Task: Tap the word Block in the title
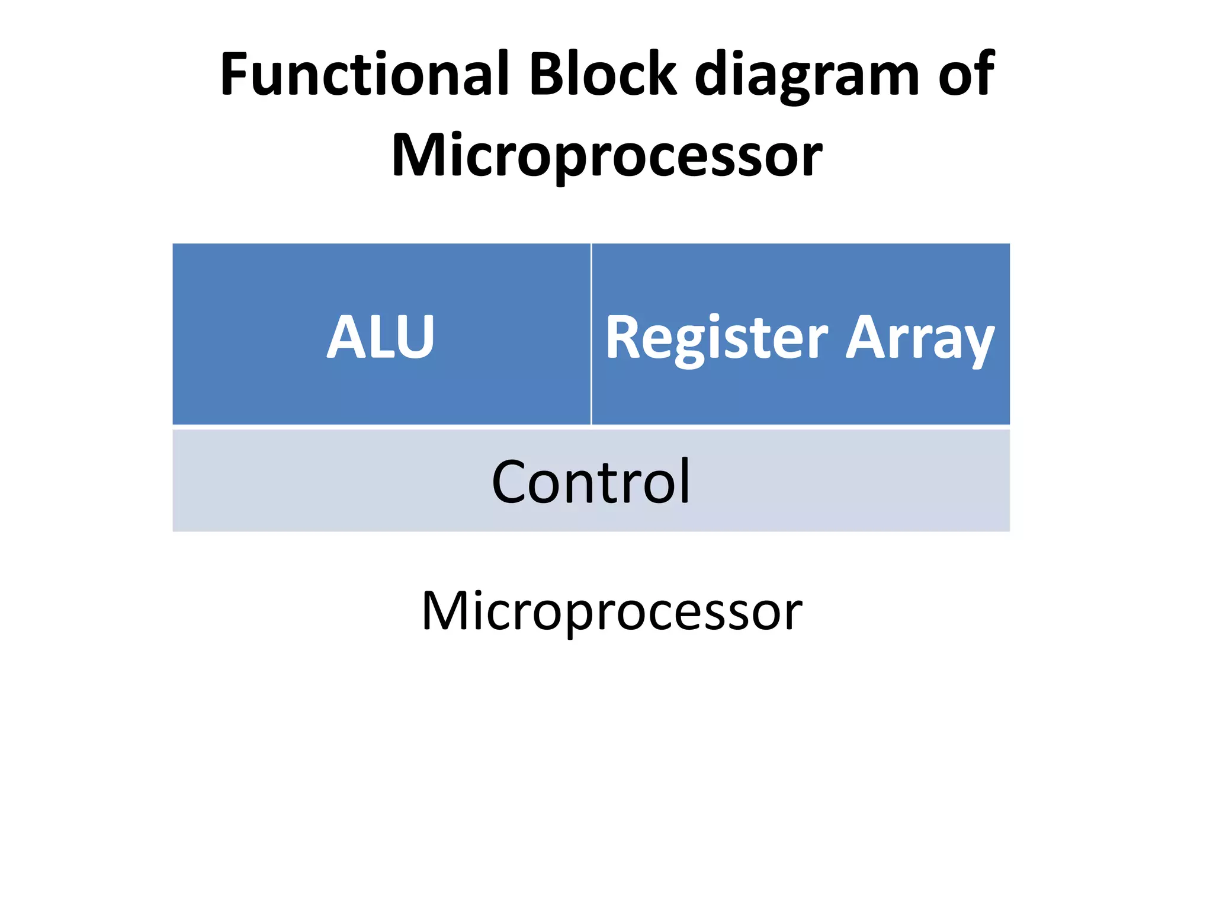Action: (x=602, y=74)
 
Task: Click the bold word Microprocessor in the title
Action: (x=606, y=155)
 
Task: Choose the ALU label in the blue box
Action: (x=381, y=337)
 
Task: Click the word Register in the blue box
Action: (x=716, y=338)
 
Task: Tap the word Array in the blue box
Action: (x=919, y=338)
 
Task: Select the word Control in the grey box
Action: (x=591, y=482)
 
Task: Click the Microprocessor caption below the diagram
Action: (x=611, y=611)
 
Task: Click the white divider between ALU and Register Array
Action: (x=591, y=334)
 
